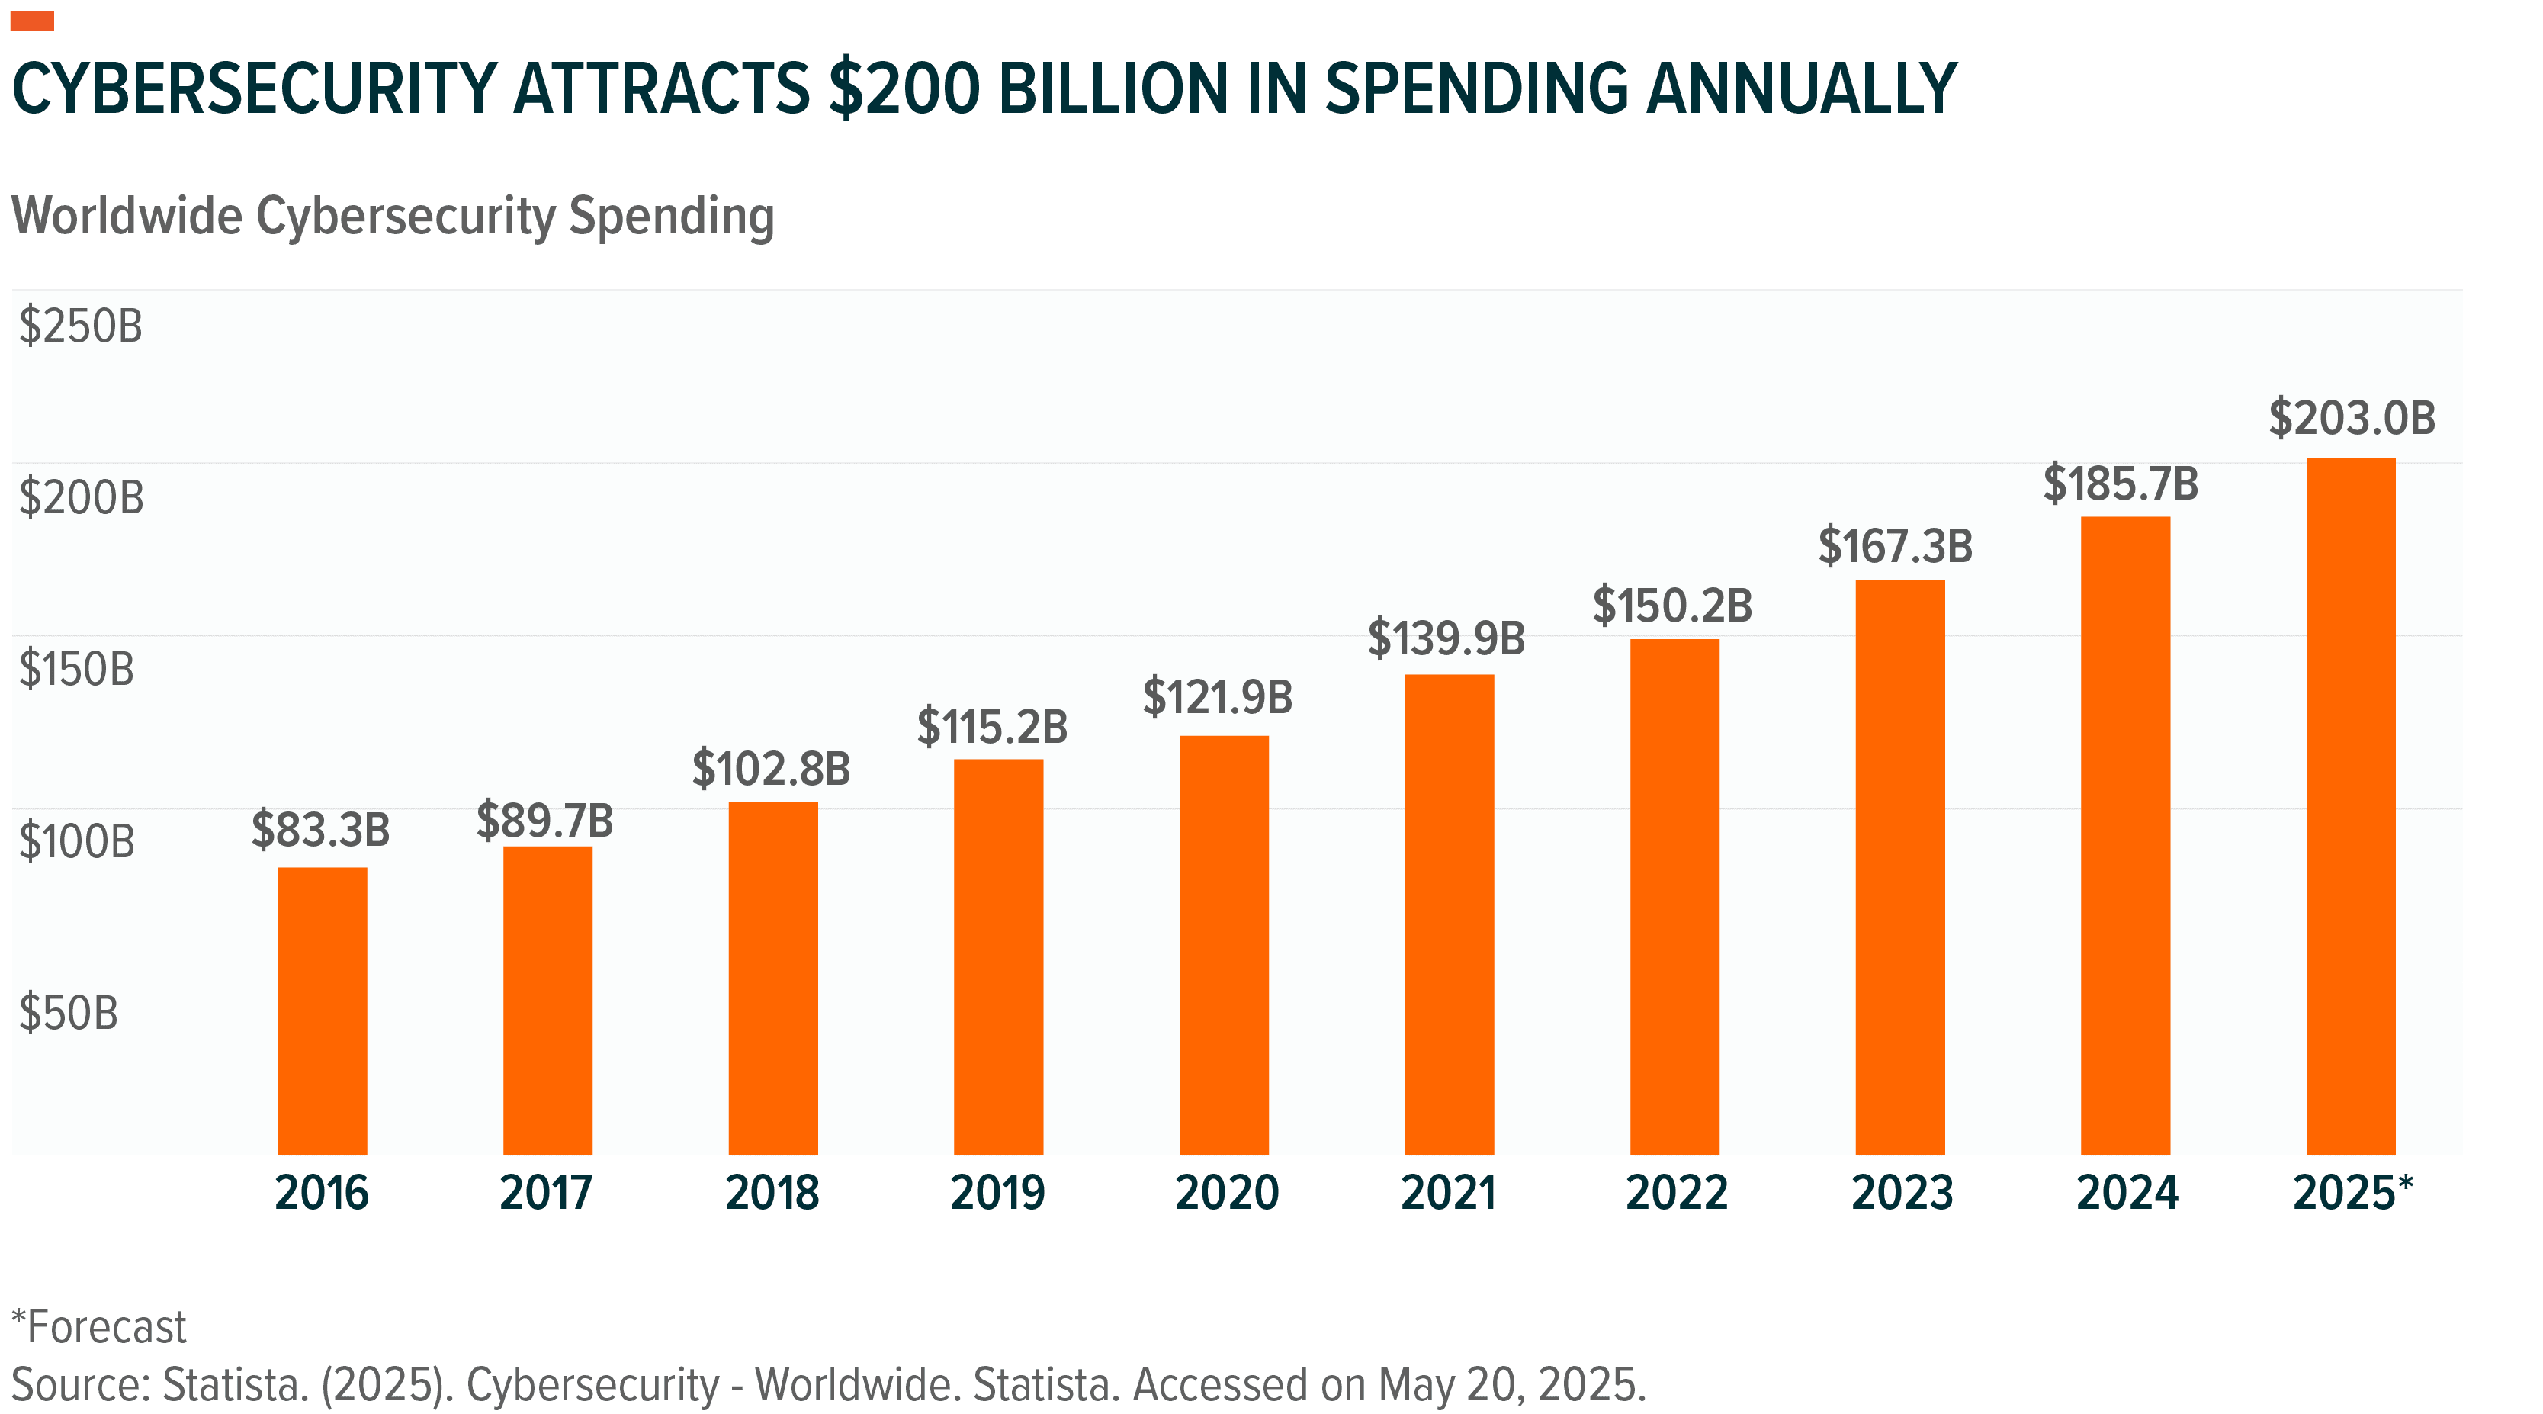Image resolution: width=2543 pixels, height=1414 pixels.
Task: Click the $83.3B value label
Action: click(x=321, y=830)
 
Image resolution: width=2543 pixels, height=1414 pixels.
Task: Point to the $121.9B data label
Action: click(x=1217, y=697)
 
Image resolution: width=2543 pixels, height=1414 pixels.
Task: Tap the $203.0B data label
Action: click(x=2352, y=418)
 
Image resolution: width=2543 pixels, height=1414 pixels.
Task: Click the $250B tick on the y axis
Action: click(x=81, y=326)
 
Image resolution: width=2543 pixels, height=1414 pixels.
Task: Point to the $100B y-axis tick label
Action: click(x=77, y=841)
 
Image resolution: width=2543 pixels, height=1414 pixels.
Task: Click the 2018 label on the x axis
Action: click(x=772, y=1193)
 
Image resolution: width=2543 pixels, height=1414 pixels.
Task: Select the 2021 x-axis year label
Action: click(x=1448, y=1193)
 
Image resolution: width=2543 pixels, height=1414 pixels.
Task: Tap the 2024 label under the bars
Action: click(x=2127, y=1193)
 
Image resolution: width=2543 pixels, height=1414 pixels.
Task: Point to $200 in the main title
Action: click(x=904, y=89)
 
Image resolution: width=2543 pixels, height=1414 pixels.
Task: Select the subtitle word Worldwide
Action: click(x=127, y=217)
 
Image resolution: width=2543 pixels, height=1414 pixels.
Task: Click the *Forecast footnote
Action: click(x=98, y=1327)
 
